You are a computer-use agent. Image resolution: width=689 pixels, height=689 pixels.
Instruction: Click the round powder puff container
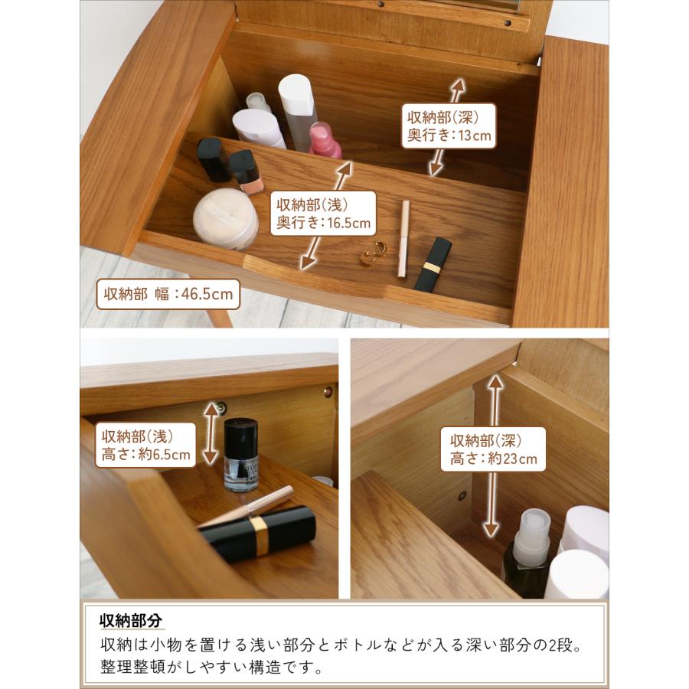tap(225, 219)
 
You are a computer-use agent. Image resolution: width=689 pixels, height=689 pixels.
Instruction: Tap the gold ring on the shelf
tap(374, 254)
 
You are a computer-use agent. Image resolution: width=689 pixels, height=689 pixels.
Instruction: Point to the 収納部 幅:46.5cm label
tap(168, 294)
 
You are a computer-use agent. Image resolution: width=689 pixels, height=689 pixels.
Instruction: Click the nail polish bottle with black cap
tap(240, 454)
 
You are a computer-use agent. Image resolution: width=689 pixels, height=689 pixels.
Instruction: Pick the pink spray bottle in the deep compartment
tap(325, 140)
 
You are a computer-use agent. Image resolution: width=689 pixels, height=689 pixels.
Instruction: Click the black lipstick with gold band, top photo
tap(433, 263)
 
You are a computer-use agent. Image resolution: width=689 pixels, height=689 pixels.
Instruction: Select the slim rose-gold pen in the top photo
tap(403, 239)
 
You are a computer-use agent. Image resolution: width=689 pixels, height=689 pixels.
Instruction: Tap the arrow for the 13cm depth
tap(448, 126)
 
